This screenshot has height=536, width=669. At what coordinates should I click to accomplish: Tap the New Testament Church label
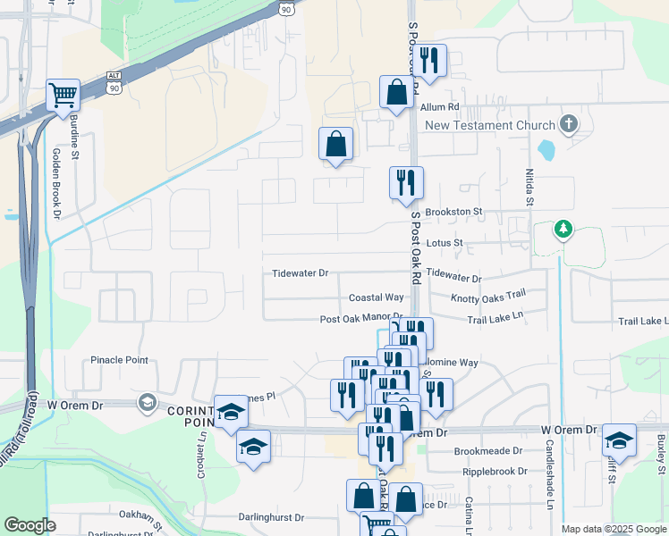point(490,126)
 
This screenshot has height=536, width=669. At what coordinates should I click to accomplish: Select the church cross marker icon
point(567,122)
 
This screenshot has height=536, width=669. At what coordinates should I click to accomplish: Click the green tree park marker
point(563,230)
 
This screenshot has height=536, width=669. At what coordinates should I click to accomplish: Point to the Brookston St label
point(453,212)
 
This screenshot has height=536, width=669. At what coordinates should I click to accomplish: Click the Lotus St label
point(445,242)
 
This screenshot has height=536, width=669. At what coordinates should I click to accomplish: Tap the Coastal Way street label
point(376,297)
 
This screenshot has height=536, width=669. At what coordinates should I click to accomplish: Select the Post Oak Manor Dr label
point(361,319)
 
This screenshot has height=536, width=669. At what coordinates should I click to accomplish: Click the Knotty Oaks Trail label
point(487,297)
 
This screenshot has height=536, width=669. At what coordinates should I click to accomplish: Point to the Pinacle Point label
point(119,360)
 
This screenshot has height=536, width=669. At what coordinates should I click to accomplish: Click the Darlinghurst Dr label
point(271,517)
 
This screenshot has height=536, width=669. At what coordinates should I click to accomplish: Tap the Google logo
point(30,525)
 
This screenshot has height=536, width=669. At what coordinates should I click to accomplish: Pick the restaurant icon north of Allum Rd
point(430,61)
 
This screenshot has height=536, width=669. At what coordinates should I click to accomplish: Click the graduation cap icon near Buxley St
point(619,440)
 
